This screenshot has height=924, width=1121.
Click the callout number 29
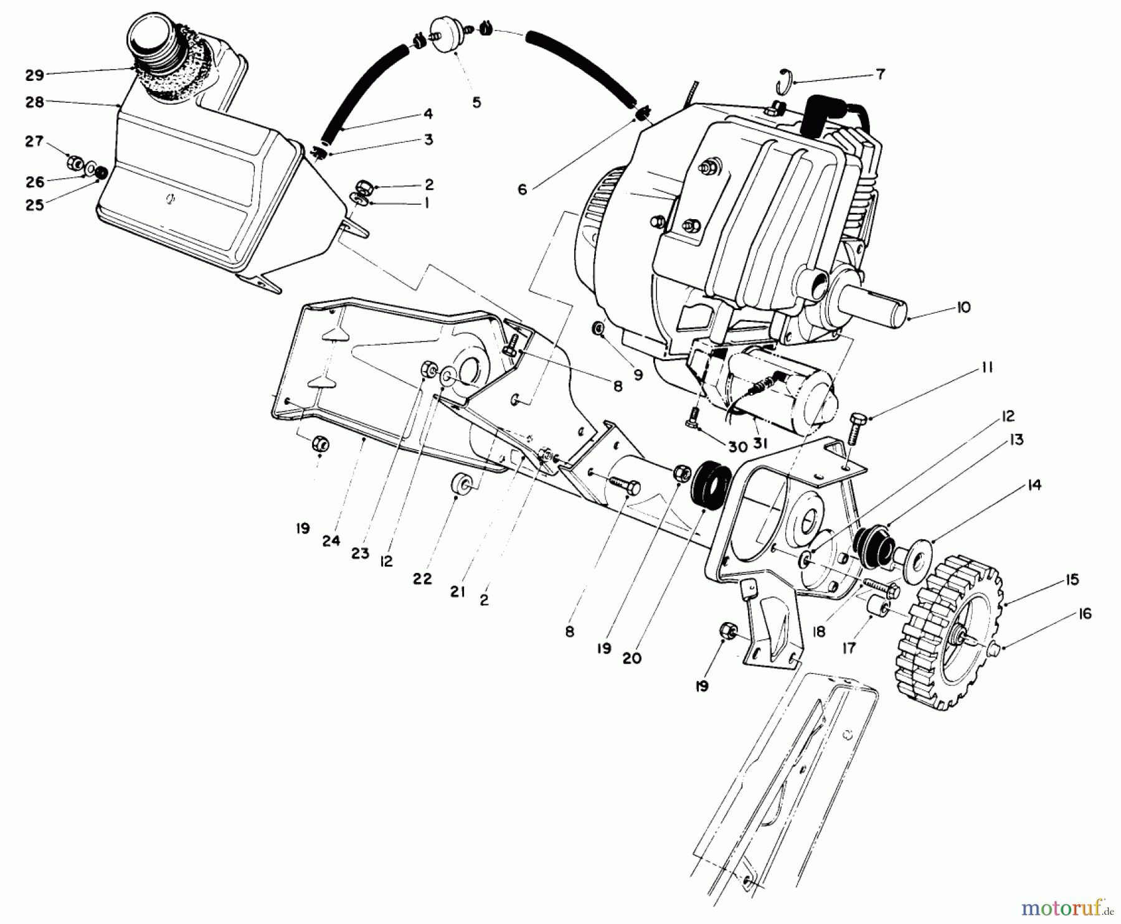click(x=34, y=75)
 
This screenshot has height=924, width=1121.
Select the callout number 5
click(x=476, y=103)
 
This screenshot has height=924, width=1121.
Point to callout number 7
click(x=880, y=75)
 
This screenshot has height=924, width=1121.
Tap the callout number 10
click(x=963, y=308)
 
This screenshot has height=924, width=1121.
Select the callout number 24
click(x=331, y=541)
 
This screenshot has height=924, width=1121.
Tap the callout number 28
click(x=35, y=102)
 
